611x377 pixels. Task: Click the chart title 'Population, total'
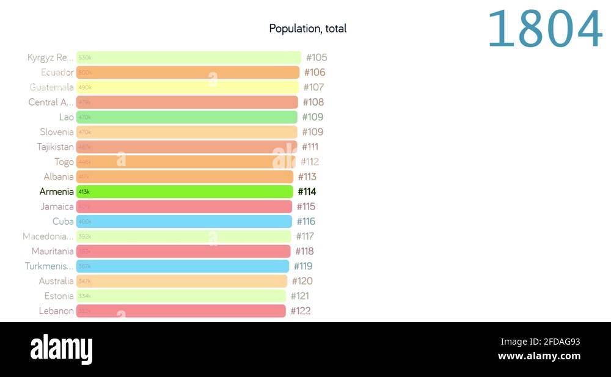(x=307, y=29)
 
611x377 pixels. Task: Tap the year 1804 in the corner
(x=544, y=29)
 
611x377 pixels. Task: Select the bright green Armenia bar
(x=185, y=192)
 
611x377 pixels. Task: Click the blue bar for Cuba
(x=184, y=222)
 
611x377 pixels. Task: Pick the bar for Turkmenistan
(x=182, y=266)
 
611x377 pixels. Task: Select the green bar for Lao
(x=186, y=117)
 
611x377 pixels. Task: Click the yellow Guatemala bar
(x=187, y=87)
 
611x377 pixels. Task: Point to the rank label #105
(x=316, y=57)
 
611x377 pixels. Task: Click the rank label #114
(x=307, y=192)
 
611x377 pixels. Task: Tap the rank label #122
(x=301, y=311)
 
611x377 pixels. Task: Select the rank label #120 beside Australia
(x=302, y=281)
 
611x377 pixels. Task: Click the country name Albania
(x=59, y=177)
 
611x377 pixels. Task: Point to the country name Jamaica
(x=57, y=207)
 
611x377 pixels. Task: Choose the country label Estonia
(x=59, y=296)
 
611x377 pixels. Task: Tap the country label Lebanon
(x=56, y=311)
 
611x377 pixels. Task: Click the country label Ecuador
(x=57, y=72)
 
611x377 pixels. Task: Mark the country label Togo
(x=64, y=162)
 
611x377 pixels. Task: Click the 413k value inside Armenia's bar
(x=84, y=192)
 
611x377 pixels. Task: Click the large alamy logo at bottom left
(x=61, y=350)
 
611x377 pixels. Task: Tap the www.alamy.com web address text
(x=539, y=356)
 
